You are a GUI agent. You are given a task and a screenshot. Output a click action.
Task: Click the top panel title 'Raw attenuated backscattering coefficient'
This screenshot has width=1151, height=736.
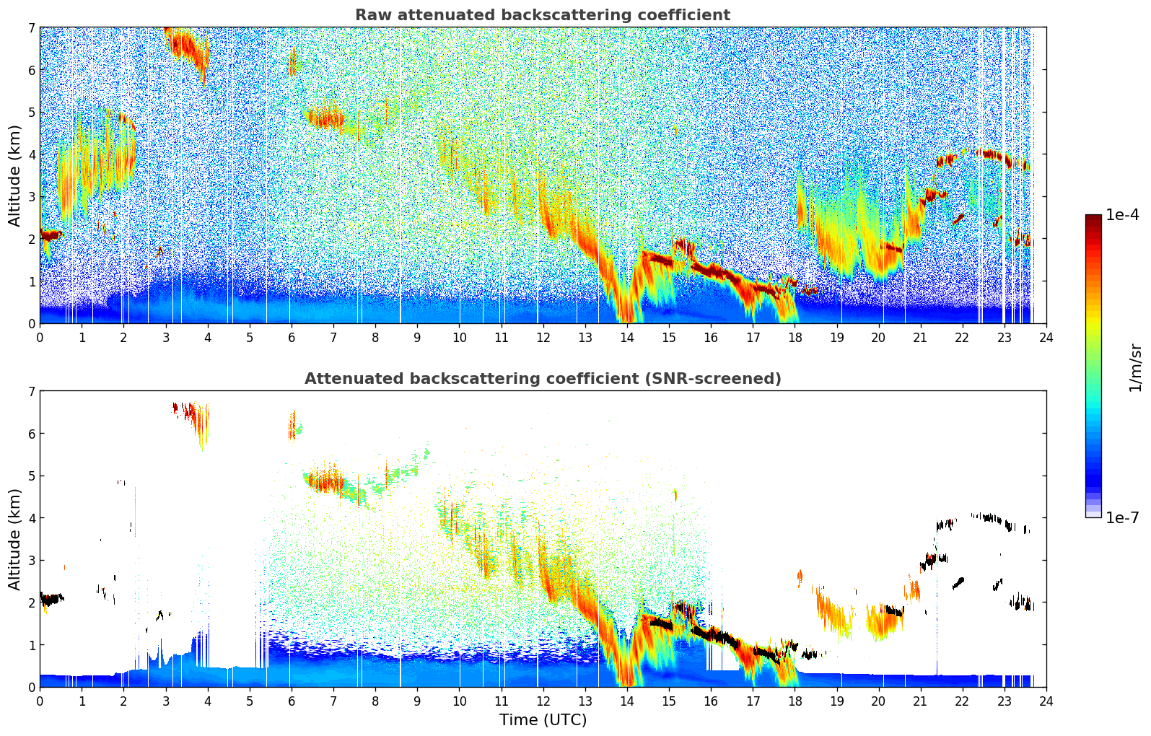click(542, 15)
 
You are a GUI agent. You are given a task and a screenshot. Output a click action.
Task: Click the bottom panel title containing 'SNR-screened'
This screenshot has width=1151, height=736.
click(542, 379)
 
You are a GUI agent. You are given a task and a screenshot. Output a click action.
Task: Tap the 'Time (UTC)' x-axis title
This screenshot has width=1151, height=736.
click(543, 719)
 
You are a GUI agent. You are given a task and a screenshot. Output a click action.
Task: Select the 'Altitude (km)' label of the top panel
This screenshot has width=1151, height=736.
click(14, 175)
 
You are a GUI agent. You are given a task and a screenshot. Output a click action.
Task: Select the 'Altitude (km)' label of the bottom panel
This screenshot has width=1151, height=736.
click(14, 539)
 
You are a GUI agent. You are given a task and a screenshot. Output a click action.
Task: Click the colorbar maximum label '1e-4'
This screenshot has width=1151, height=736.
click(1122, 215)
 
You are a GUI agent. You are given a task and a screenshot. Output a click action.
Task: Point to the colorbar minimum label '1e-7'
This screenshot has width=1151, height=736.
click(1122, 517)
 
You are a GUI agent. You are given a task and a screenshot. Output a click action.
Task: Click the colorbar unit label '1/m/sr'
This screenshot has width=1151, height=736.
click(1135, 367)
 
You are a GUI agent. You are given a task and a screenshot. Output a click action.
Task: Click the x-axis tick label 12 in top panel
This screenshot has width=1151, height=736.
click(543, 337)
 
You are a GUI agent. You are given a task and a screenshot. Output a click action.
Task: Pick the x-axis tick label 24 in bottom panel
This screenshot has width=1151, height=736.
click(1046, 701)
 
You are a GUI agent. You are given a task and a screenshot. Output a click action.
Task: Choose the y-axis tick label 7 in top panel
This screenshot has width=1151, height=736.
click(31, 28)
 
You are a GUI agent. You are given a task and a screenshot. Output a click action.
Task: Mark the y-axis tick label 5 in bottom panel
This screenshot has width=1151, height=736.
click(31, 476)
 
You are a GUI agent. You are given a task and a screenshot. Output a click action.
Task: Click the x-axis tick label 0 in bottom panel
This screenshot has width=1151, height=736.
click(40, 701)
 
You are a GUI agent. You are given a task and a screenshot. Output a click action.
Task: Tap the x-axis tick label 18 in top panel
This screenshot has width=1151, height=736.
click(795, 337)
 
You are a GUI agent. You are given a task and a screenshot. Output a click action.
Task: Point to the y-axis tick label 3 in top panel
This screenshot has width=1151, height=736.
click(31, 197)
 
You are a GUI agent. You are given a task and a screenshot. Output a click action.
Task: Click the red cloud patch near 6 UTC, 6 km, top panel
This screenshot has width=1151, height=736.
click(292, 62)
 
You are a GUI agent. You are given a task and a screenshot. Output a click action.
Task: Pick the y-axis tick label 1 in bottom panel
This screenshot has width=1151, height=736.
click(31, 645)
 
